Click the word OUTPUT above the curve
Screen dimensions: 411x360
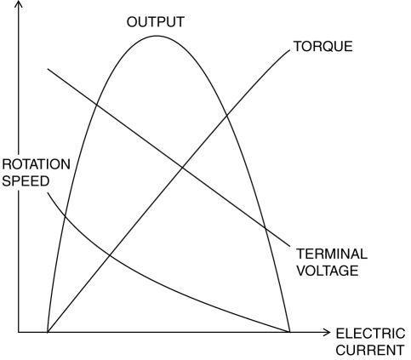point(156,22)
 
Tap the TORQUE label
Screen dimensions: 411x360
point(323,46)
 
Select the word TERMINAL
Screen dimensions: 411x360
point(332,254)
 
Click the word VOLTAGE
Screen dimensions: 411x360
point(328,271)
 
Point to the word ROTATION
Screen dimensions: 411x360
point(36,164)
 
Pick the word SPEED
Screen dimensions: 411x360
point(26,181)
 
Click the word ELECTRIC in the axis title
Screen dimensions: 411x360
point(370,334)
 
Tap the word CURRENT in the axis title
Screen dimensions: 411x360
point(370,350)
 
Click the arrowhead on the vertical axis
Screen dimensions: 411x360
point(19,3)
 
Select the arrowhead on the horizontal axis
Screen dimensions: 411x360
point(328,332)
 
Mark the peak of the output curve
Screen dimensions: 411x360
point(157,36)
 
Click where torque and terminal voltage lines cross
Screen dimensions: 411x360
point(182,168)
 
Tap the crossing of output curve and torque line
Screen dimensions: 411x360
point(227,115)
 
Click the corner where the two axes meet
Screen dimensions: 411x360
point(19,332)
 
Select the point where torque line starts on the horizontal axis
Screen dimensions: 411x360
point(48,332)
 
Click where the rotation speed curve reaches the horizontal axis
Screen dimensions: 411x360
point(290,332)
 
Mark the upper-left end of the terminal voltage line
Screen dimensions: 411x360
point(48,69)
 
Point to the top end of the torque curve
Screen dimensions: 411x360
point(290,50)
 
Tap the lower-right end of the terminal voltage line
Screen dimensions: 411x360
point(290,246)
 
